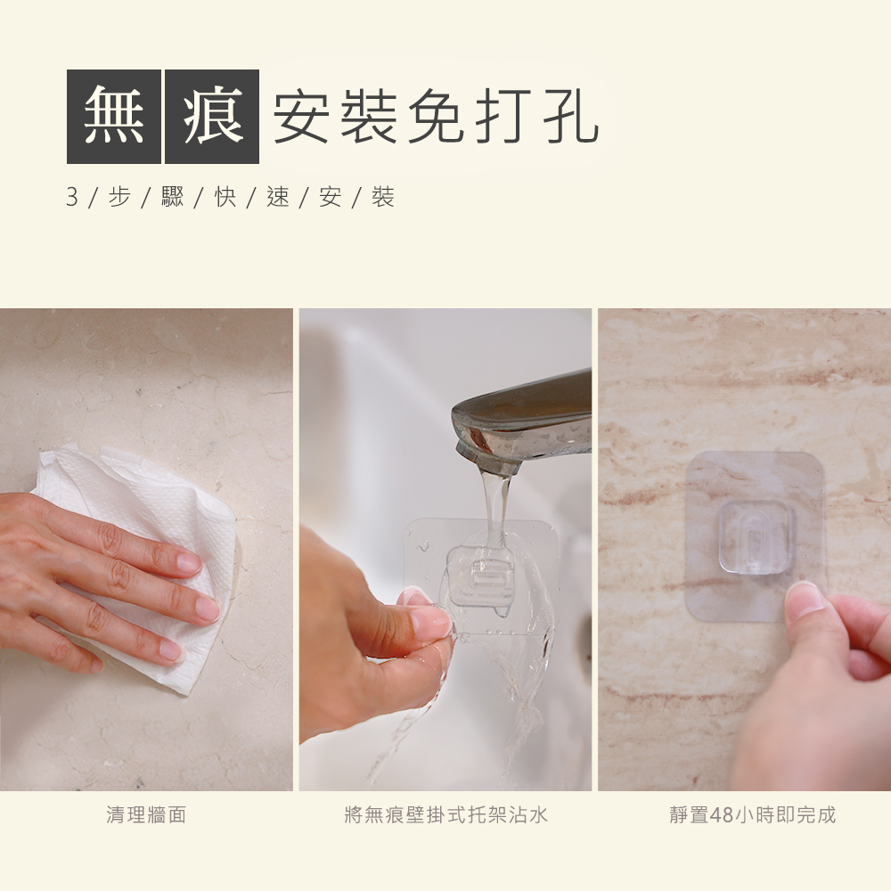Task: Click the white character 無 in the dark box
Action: coord(114,117)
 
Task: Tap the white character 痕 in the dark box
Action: coord(213,117)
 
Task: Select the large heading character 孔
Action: coord(570,117)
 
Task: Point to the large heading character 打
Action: coord(503,117)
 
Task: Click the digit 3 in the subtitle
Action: coord(72,197)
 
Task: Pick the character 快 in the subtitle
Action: coord(225,197)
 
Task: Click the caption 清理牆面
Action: coord(146,815)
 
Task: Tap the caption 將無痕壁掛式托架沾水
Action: coord(446,815)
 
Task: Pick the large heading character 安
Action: coord(302,117)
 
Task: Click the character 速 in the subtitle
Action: coord(278,197)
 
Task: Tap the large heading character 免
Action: coord(437,117)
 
